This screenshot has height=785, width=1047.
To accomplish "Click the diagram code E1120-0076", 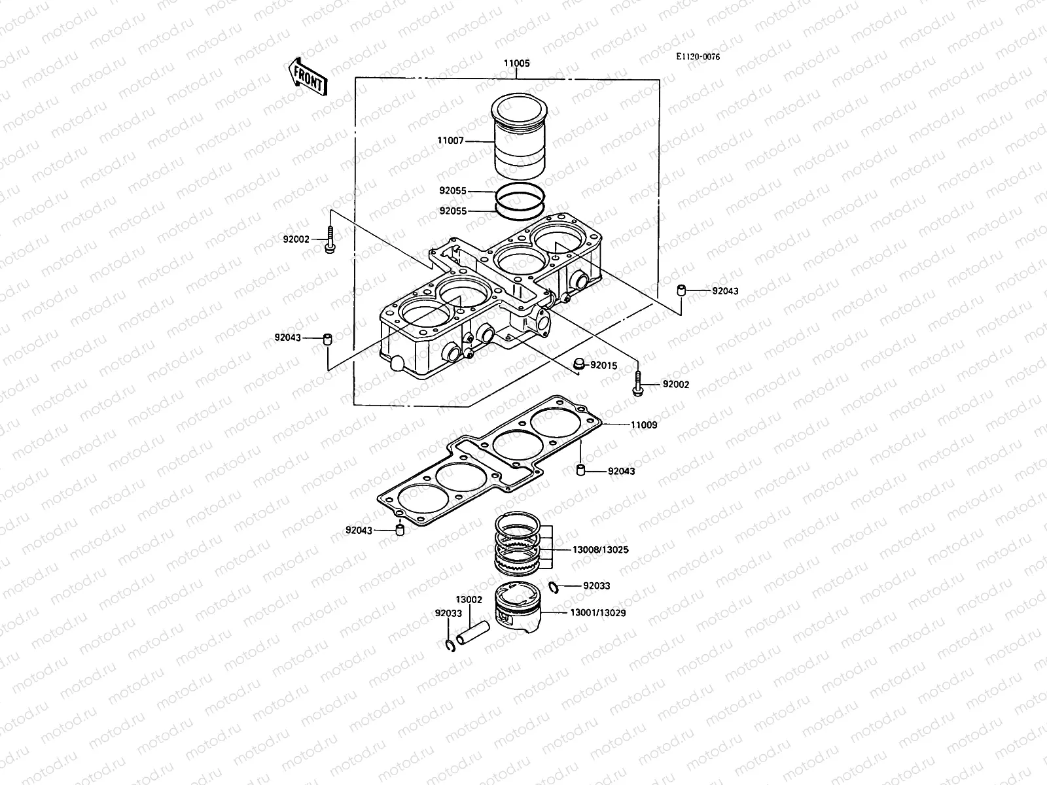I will (x=698, y=57).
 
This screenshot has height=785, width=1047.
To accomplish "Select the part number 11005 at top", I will (x=516, y=64).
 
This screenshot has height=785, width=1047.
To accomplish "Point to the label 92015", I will (x=603, y=366).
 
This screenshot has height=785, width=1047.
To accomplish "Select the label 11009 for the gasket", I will (x=644, y=425).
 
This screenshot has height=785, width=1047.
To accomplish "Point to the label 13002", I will (x=469, y=599).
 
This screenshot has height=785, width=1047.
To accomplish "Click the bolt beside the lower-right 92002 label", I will (x=637, y=384).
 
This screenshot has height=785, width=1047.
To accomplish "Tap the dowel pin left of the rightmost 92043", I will (x=681, y=290).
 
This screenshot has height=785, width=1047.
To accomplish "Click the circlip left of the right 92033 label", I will (x=554, y=586).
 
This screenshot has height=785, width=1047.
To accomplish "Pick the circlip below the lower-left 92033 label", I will (x=449, y=646).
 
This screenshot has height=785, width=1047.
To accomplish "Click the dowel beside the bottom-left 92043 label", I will (x=399, y=529).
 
